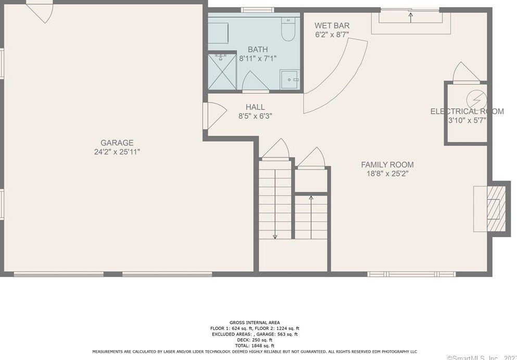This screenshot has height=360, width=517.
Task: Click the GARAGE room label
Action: click(117, 143)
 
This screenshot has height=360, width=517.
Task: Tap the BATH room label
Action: click(258, 49)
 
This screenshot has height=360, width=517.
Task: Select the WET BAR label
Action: click(332, 26)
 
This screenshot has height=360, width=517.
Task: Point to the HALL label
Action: click(255, 107)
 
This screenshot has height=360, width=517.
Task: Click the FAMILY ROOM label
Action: click(387, 165)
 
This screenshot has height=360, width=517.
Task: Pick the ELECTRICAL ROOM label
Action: click(467, 111)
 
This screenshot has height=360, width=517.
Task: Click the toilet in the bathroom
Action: click(288, 30)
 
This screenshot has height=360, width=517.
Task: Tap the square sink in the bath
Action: click(290, 80)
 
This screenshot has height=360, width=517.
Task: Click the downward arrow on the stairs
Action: click(275, 235)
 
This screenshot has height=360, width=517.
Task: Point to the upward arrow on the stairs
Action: click(311, 198)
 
